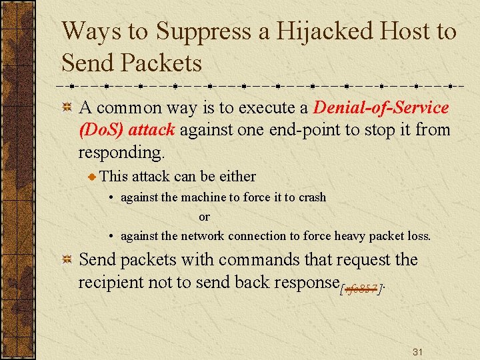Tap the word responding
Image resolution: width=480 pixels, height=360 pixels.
pyautogui.click(x=121, y=152)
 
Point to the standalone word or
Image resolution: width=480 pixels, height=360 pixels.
pyautogui.click(x=204, y=217)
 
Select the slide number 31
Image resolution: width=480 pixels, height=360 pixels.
pyautogui.click(x=418, y=351)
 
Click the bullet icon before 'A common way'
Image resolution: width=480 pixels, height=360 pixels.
pyautogui.click(x=67, y=108)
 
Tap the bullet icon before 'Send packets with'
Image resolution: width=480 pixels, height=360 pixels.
pyautogui.click(x=67, y=260)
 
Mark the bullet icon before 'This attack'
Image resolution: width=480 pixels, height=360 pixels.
pyautogui.click(x=93, y=177)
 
